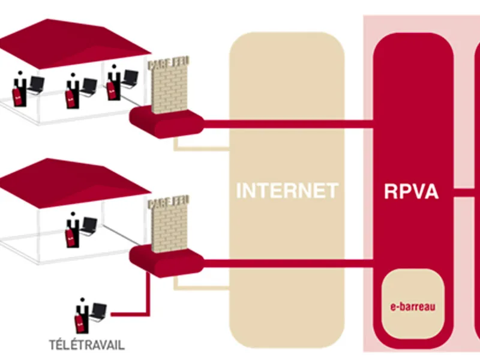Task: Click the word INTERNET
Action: (x=287, y=191)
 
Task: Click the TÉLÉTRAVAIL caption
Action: (x=87, y=345)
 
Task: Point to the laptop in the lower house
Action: (x=89, y=226)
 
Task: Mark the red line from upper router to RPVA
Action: (x=288, y=125)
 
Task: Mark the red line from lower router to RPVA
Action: (x=288, y=262)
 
